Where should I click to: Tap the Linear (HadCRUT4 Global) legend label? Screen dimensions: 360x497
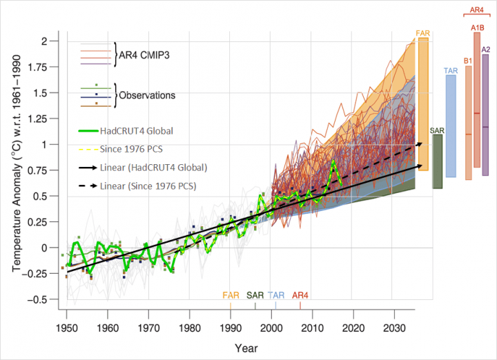pyautogui.click(x=148, y=168)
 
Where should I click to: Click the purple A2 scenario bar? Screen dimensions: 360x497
pyautogui.click(x=485, y=114)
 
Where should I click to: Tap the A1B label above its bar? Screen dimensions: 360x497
pyautogui.click(x=476, y=28)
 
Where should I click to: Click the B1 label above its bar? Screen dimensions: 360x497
pyautogui.click(x=468, y=61)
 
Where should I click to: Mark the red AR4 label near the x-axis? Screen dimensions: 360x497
pyautogui.click(x=300, y=295)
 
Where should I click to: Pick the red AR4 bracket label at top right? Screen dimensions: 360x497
pyautogui.click(x=476, y=10)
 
